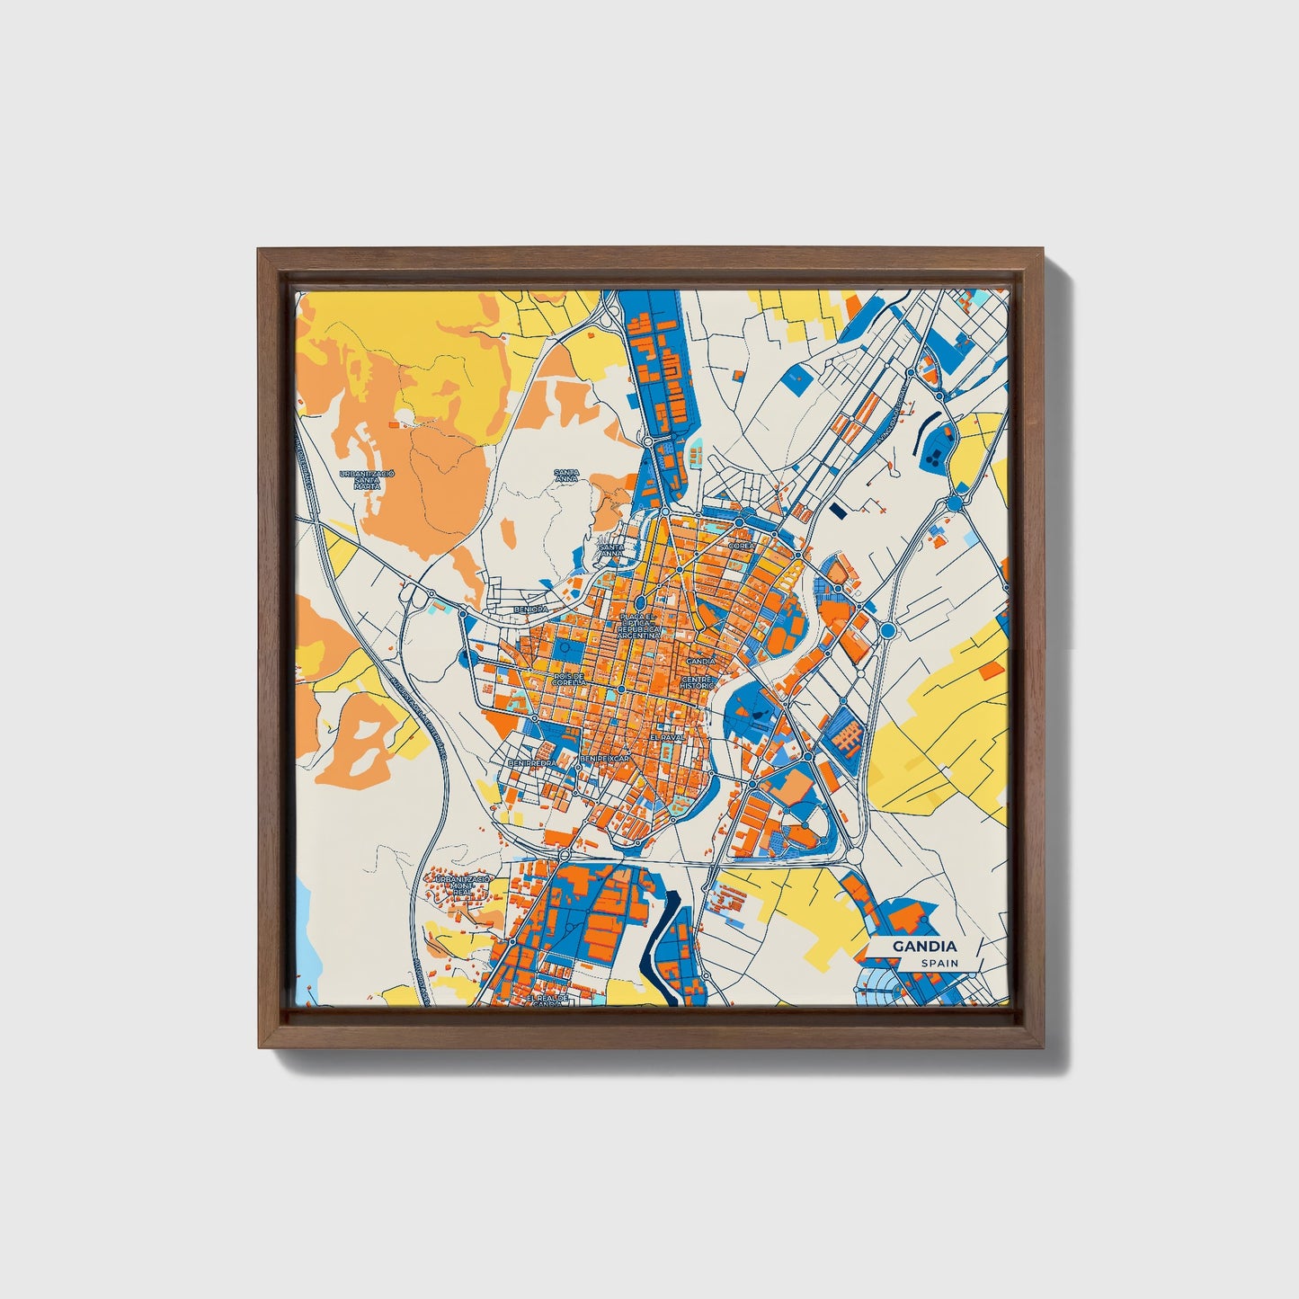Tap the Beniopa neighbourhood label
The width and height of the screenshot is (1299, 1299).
[x=530, y=609]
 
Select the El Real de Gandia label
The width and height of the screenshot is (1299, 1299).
[x=549, y=1001]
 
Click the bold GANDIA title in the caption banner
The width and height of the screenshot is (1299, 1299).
[x=924, y=947]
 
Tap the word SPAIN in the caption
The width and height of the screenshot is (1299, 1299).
[x=939, y=964]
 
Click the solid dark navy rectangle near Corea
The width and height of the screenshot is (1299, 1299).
[x=838, y=510]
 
